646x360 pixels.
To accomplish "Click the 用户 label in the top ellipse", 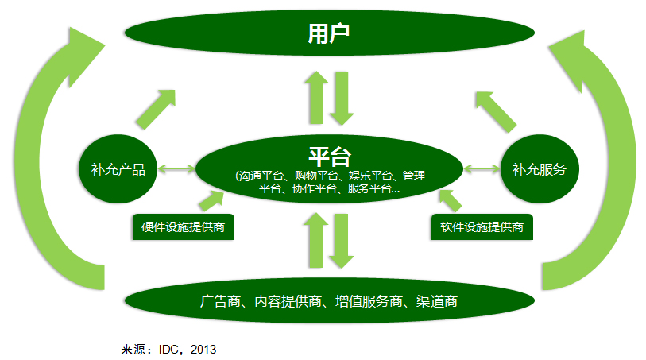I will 329,33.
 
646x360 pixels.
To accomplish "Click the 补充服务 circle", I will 540,169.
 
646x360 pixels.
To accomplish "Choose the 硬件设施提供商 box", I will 183,228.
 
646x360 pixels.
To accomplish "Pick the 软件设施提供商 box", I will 482,228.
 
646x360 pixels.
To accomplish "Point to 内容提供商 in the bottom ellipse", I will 288,302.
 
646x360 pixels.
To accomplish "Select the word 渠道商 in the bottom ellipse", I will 437,302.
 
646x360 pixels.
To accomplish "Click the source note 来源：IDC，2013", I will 168,349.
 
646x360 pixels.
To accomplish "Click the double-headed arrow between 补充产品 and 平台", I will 176,168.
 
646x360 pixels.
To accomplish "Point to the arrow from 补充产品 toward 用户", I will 156,108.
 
